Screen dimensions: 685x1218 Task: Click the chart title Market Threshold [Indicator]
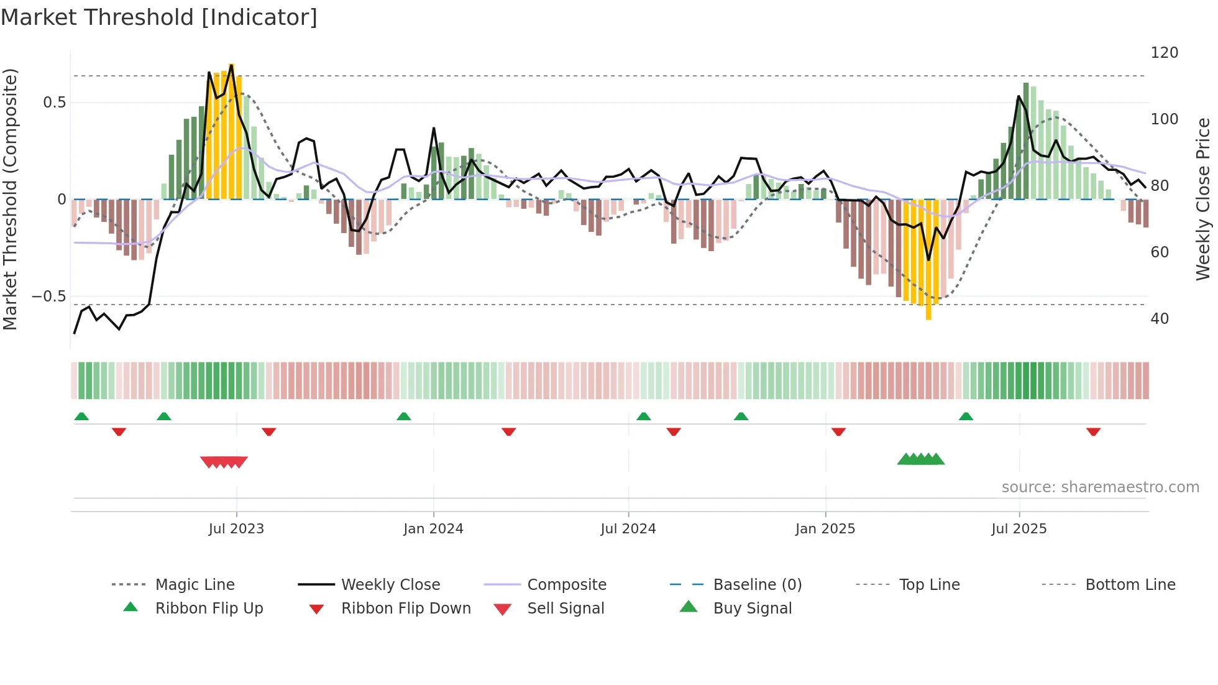click(159, 17)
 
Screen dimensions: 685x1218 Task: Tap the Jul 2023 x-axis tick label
click(236, 529)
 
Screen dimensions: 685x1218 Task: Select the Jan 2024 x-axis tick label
click(433, 529)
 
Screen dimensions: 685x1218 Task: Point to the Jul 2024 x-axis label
click(628, 529)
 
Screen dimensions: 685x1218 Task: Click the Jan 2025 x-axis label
click(825, 529)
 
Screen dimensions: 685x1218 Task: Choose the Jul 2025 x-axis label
click(1019, 529)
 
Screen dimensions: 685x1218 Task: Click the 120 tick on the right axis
click(1164, 53)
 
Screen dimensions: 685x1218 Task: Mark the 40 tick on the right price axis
click(1160, 319)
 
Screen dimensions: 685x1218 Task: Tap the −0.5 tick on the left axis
click(49, 297)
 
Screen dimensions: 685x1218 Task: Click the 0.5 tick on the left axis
click(54, 103)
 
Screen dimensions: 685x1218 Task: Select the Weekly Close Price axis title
click(1203, 199)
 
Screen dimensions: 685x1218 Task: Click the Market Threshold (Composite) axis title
click(11, 199)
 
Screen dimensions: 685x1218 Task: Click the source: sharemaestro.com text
click(1100, 487)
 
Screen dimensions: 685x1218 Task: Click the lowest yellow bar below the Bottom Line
click(928, 311)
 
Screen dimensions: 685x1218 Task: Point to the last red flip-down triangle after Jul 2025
click(1093, 431)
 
